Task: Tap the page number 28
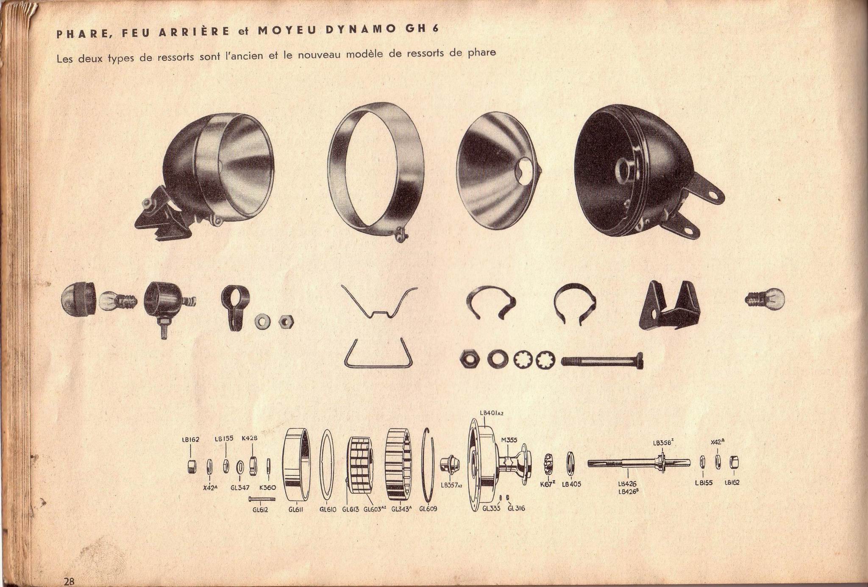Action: pyautogui.click(x=70, y=581)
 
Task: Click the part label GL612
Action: pyautogui.click(x=260, y=510)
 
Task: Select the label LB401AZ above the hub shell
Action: pyautogui.click(x=492, y=412)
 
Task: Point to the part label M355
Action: pyautogui.click(x=509, y=440)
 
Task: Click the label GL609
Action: pyautogui.click(x=428, y=509)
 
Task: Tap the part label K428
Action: pyautogui.click(x=250, y=438)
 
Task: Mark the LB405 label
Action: pyautogui.click(x=571, y=484)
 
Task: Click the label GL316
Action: pyautogui.click(x=516, y=508)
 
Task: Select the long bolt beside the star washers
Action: pyautogui.click(x=602, y=361)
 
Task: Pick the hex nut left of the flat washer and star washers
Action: pyautogui.click(x=470, y=360)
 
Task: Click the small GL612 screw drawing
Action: pyautogui.click(x=262, y=499)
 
